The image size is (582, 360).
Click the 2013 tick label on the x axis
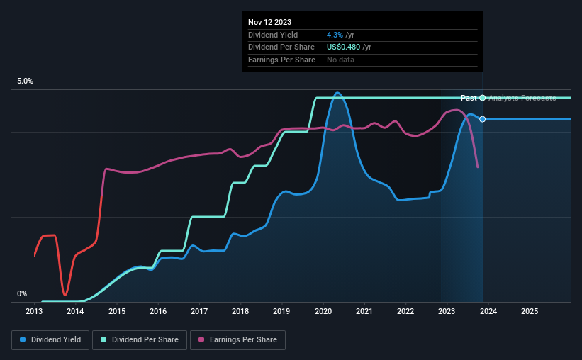(x=34, y=311)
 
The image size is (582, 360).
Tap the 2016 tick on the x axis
(x=158, y=311)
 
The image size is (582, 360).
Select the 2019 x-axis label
(x=281, y=311)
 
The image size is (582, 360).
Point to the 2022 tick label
(x=405, y=311)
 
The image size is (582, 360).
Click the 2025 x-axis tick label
(x=529, y=311)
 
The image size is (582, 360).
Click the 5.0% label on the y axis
(x=26, y=81)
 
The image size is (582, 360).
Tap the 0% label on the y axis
(x=22, y=293)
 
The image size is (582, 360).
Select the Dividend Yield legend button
(x=50, y=340)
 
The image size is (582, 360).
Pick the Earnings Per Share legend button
(x=237, y=340)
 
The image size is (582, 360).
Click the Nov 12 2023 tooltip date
(x=269, y=22)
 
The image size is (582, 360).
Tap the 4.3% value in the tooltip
(x=333, y=35)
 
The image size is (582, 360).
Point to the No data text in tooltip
(x=340, y=60)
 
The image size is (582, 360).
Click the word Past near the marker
(x=469, y=98)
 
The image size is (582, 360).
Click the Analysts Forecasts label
(x=522, y=98)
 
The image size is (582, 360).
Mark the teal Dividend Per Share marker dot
(x=483, y=98)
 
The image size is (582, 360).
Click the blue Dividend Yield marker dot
(x=483, y=119)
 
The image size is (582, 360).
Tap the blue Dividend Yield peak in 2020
(x=337, y=93)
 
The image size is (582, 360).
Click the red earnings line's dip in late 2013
(x=65, y=294)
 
